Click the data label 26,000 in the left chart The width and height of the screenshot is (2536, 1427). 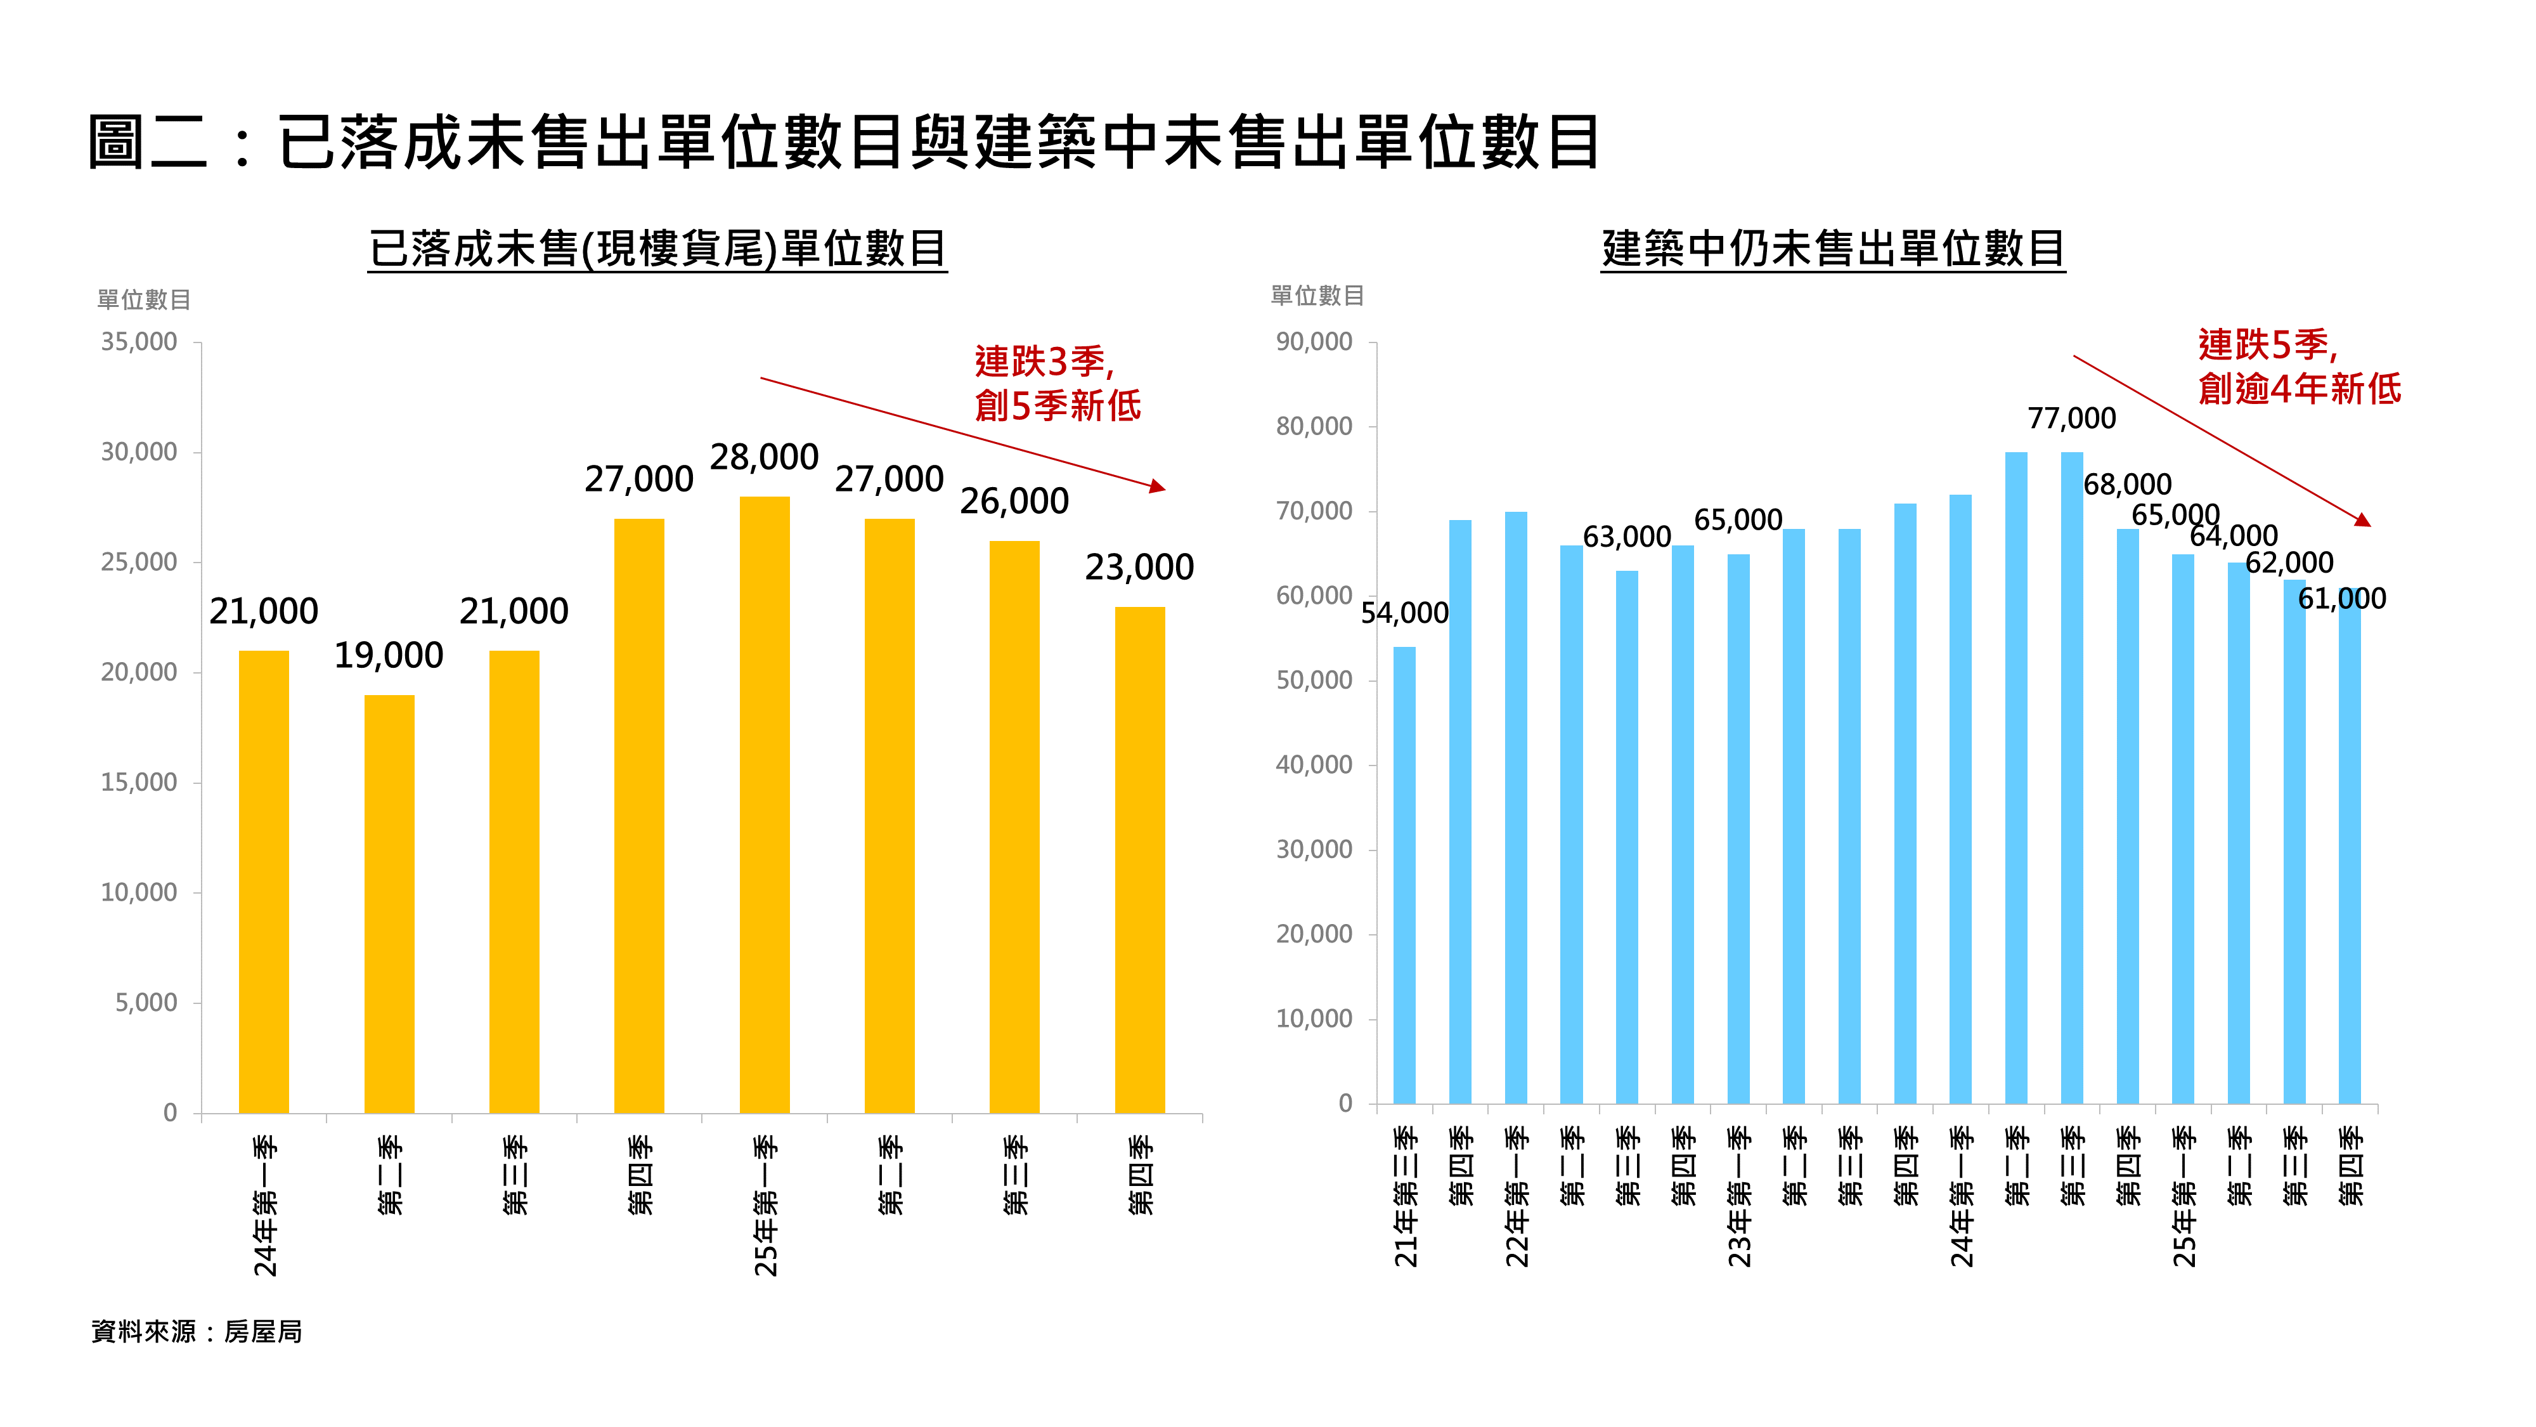point(1014,501)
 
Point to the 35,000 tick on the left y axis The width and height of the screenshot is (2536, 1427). point(139,342)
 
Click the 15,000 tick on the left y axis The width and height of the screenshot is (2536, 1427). point(139,782)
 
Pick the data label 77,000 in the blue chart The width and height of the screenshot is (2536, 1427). point(2071,419)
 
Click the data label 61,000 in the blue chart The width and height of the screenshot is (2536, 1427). point(2341,599)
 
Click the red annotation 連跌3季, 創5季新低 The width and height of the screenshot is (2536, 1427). point(1056,383)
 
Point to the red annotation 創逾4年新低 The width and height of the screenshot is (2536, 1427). point(2299,389)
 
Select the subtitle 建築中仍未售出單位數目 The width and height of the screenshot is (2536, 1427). point(1832,248)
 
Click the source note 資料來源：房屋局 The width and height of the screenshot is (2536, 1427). point(197,1331)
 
